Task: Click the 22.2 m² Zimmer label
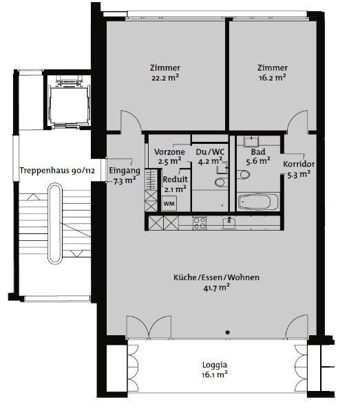coord(165,72)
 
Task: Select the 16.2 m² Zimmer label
coord(272,72)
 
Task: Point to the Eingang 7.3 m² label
coord(125,176)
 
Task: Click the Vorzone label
coord(169,156)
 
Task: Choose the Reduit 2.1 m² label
coord(175,184)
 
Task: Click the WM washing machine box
coord(169,204)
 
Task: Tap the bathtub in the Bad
coord(258,202)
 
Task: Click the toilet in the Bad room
coord(243,176)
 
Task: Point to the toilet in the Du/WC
coord(220,182)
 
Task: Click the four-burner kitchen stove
coord(200,222)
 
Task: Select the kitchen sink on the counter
coord(229,222)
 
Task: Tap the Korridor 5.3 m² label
coord(299,169)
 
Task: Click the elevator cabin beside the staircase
coord(67,99)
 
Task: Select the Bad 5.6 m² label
coord(259,156)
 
